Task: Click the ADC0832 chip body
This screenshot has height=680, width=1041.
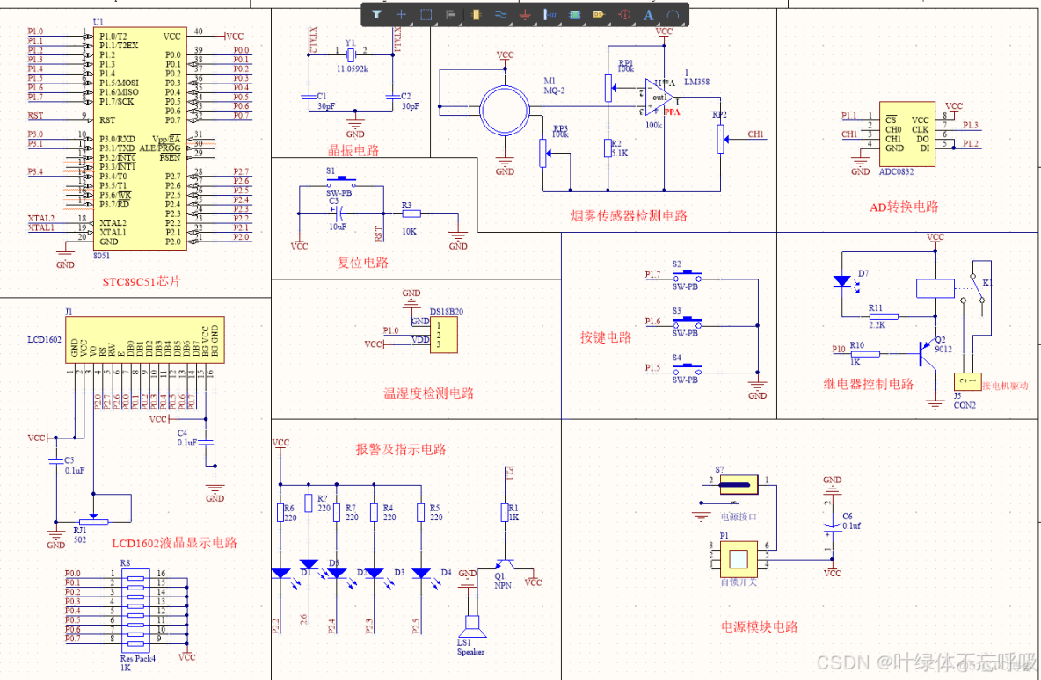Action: [x=906, y=134]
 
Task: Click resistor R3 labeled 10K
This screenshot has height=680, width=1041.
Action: [x=411, y=213]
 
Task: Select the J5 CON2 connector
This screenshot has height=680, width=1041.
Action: [x=966, y=382]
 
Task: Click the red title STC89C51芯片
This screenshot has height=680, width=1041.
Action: [x=141, y=282]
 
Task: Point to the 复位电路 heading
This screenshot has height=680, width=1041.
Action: [x=362, y=262]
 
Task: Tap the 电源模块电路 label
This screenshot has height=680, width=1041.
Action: [x=759, y=626]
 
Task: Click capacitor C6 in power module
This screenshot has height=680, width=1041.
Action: [x=831, y=528]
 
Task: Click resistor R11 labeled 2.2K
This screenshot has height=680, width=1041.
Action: [x=876, y=317]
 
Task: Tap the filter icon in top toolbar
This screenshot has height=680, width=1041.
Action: [x=376, y=14]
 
